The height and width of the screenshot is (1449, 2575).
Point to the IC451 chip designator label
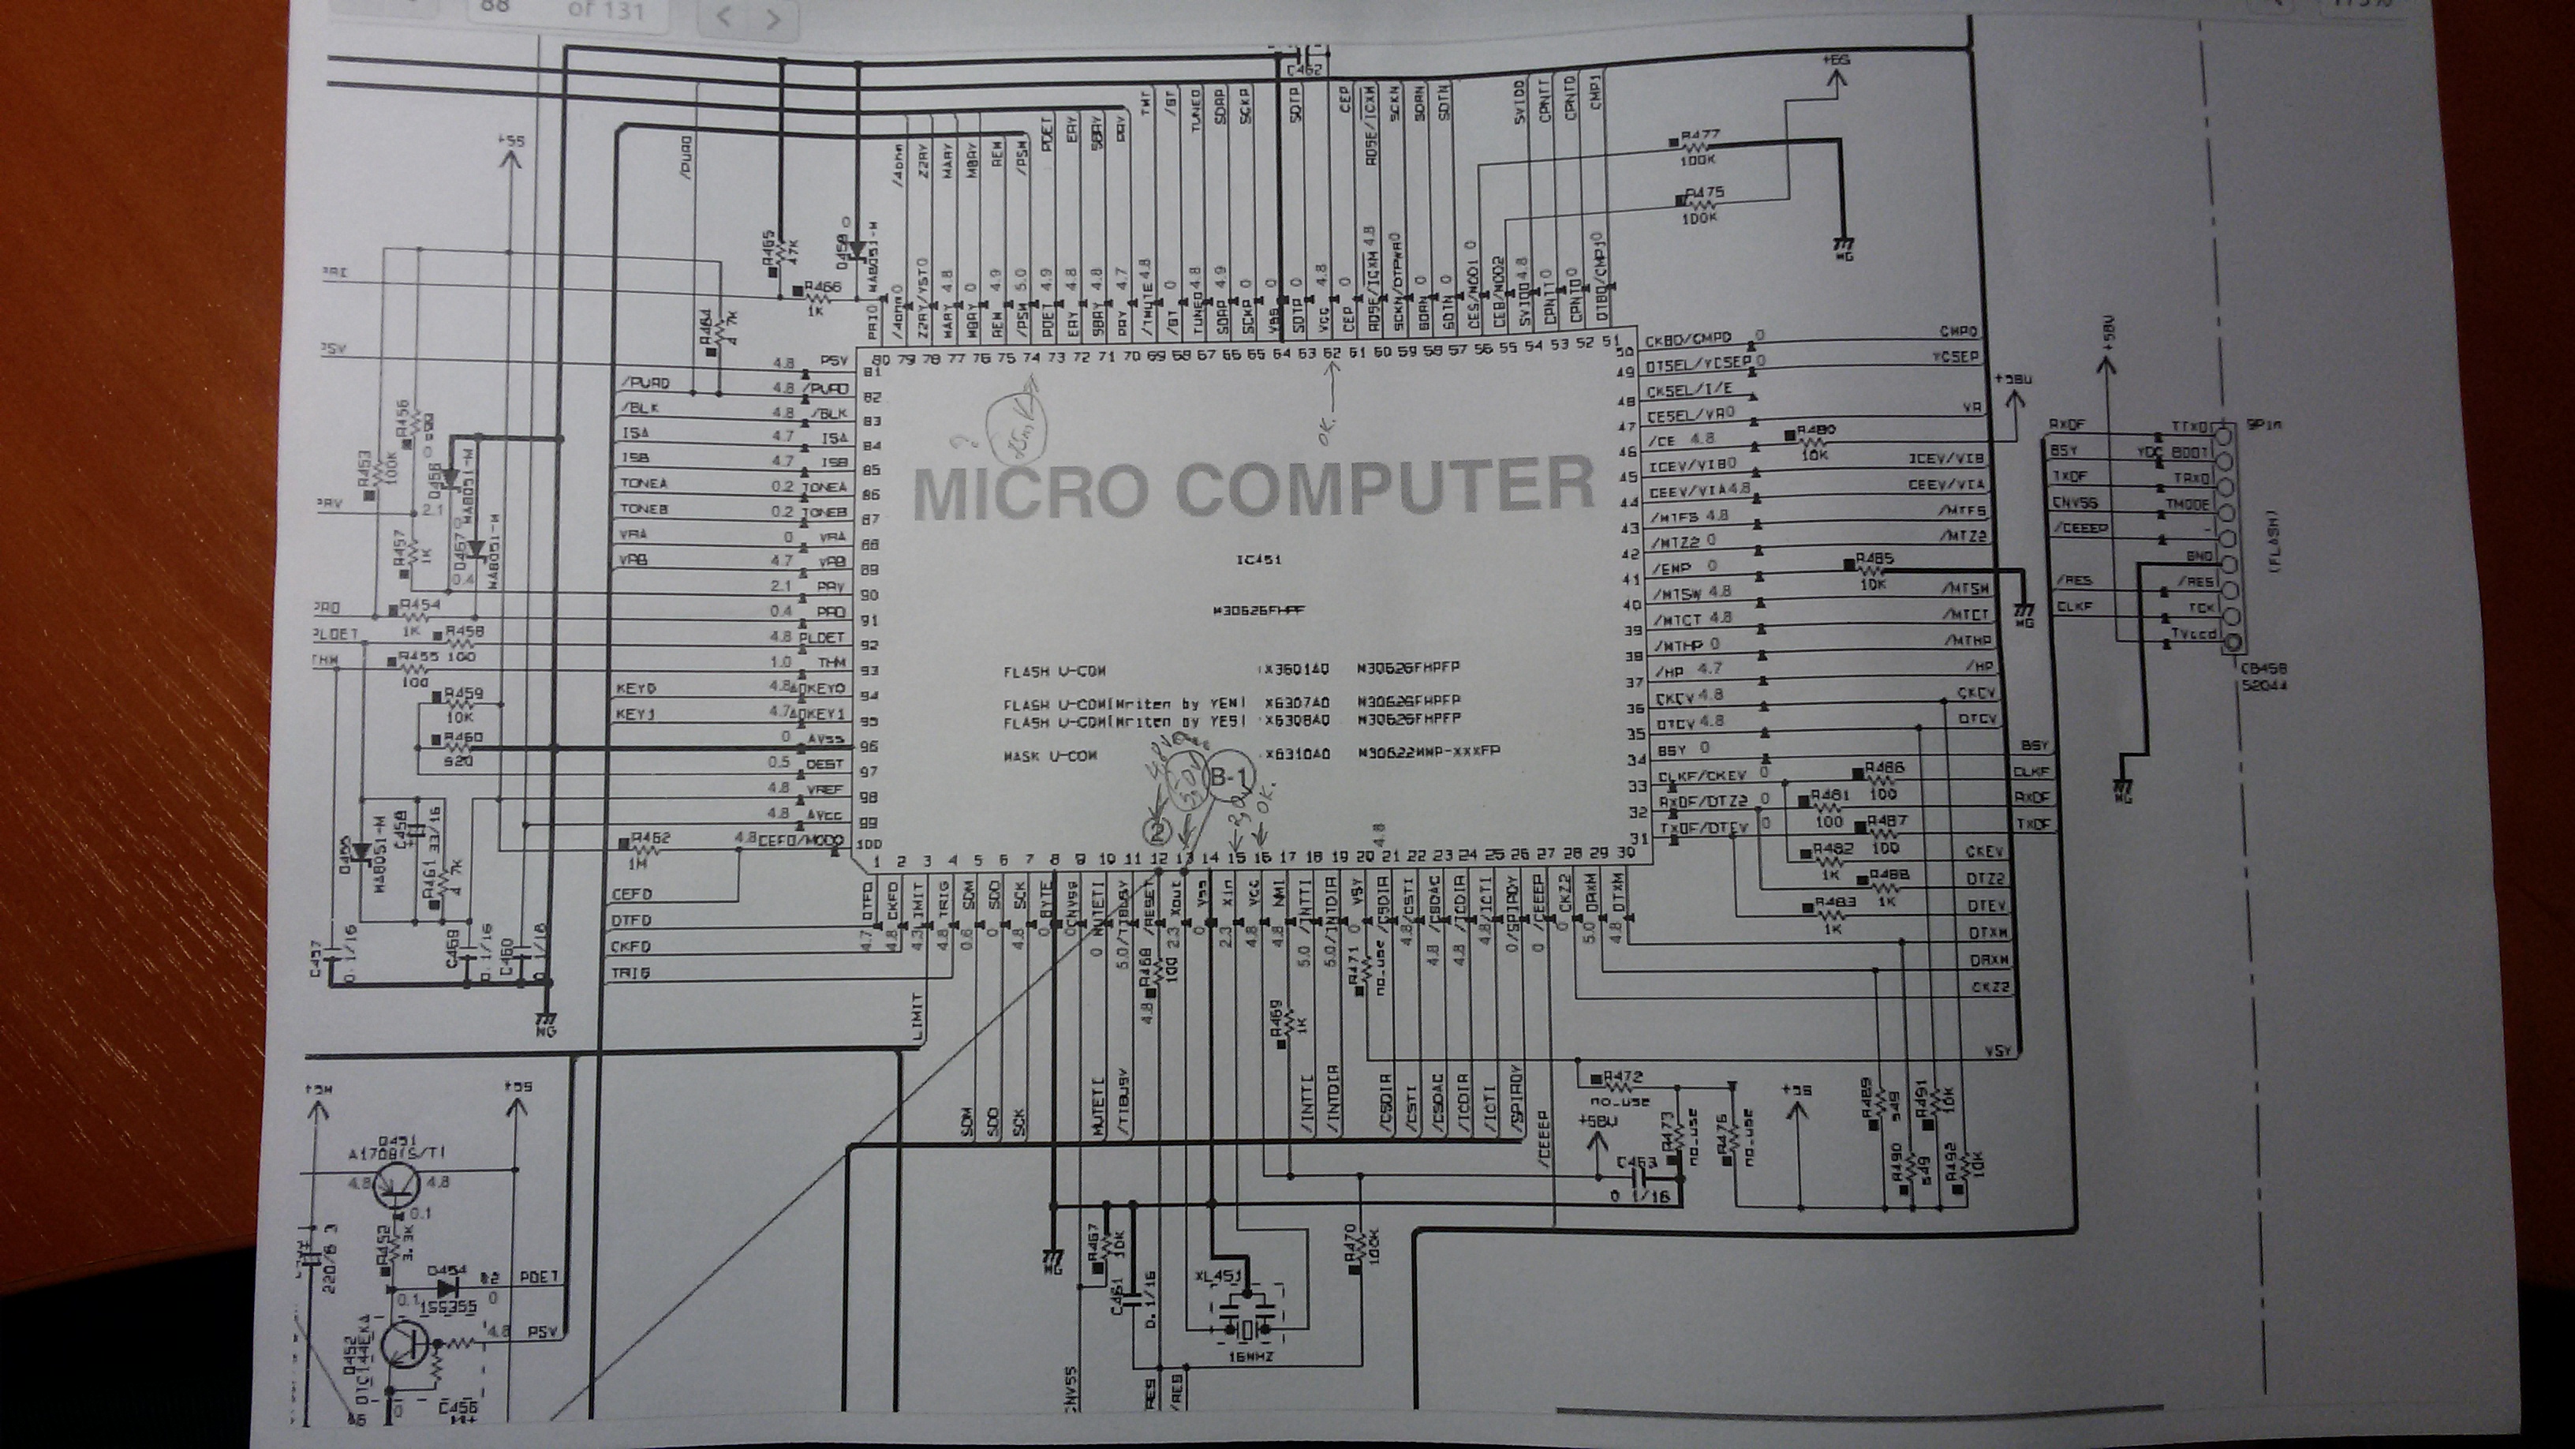[x=1258, y=561]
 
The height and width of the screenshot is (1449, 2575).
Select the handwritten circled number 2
[x=1157, y=831]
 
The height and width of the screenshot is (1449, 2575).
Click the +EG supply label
[x=1837, y=60]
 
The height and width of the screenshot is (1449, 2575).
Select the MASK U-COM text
[x=1049, y=756]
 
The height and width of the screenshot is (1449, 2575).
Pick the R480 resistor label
[x=1816, y=430]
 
